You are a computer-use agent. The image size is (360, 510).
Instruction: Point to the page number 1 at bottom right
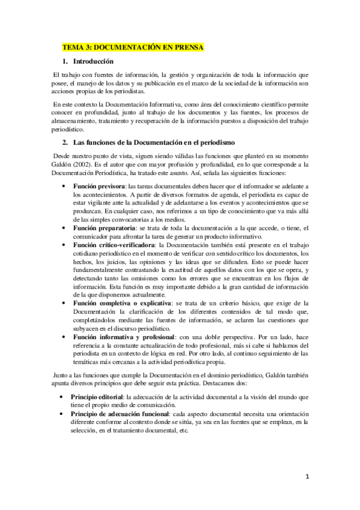pyautogui.click(x=307, y=476)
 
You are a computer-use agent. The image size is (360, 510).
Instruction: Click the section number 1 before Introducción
pyautogui.click(x=64, y=61)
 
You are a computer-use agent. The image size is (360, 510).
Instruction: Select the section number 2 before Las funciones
pyautogui.click(x=64, y=142)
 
